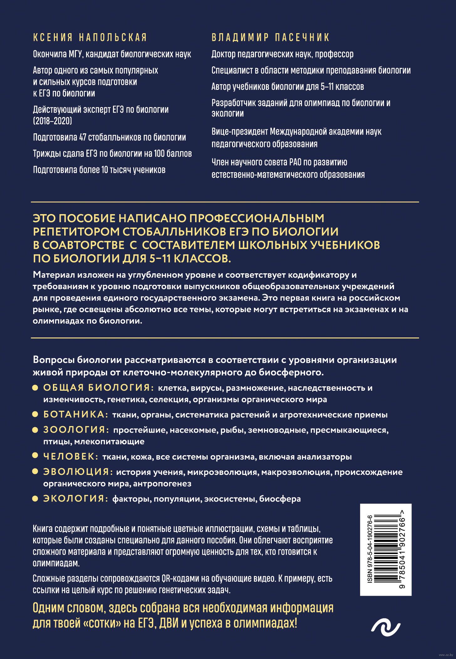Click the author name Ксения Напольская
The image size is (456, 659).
(x=90, y=38)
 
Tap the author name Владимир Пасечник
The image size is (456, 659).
(x=271, y=38)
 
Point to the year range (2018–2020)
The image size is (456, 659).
(x=53, y=121)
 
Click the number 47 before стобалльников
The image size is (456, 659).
(x=83, y=137)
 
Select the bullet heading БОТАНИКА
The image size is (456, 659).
(x=75, y=414)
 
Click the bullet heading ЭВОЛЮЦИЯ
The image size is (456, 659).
(x=78, y=471)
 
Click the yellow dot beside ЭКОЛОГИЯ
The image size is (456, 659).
(x=35, y=499)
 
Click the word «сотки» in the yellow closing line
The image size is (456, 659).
(x=102, y=623)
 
